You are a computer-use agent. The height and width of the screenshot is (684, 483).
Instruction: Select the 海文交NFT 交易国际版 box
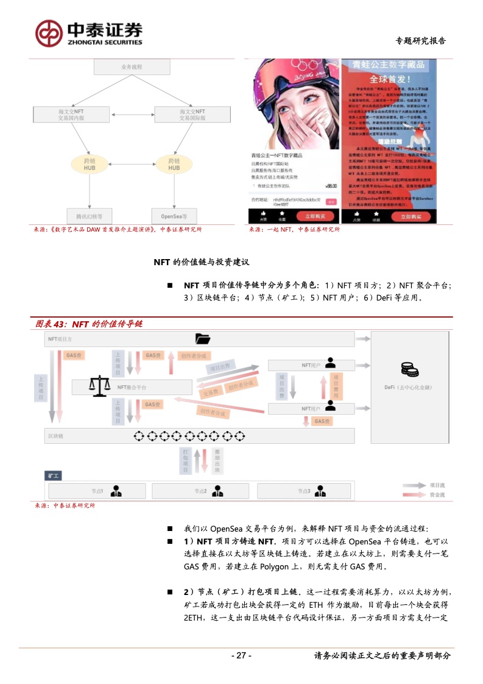pos(192,115)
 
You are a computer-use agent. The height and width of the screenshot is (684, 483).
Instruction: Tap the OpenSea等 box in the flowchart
pos(174,216)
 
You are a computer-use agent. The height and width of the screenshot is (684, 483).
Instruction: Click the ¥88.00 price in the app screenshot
pos(331,186)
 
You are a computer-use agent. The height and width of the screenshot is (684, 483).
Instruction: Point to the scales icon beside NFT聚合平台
pos(97,385)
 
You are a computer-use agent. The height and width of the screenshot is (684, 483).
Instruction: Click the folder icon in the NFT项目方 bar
pos(203,338)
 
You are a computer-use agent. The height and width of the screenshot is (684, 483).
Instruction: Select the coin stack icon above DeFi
pos(407,369)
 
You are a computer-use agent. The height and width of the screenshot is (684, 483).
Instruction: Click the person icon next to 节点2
pos(217,490)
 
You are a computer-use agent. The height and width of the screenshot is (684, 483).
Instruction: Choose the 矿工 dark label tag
pos(54,475)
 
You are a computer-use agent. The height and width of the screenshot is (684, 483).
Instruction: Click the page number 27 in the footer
pos(241,655)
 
